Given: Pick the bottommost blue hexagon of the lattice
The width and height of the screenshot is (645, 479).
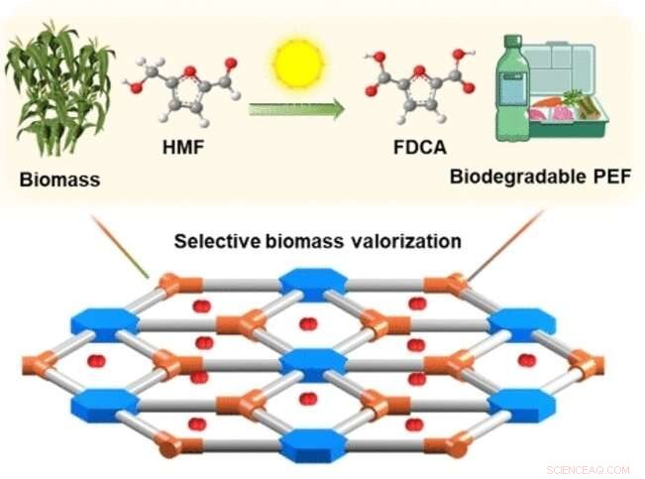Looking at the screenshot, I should click(310, 443).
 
